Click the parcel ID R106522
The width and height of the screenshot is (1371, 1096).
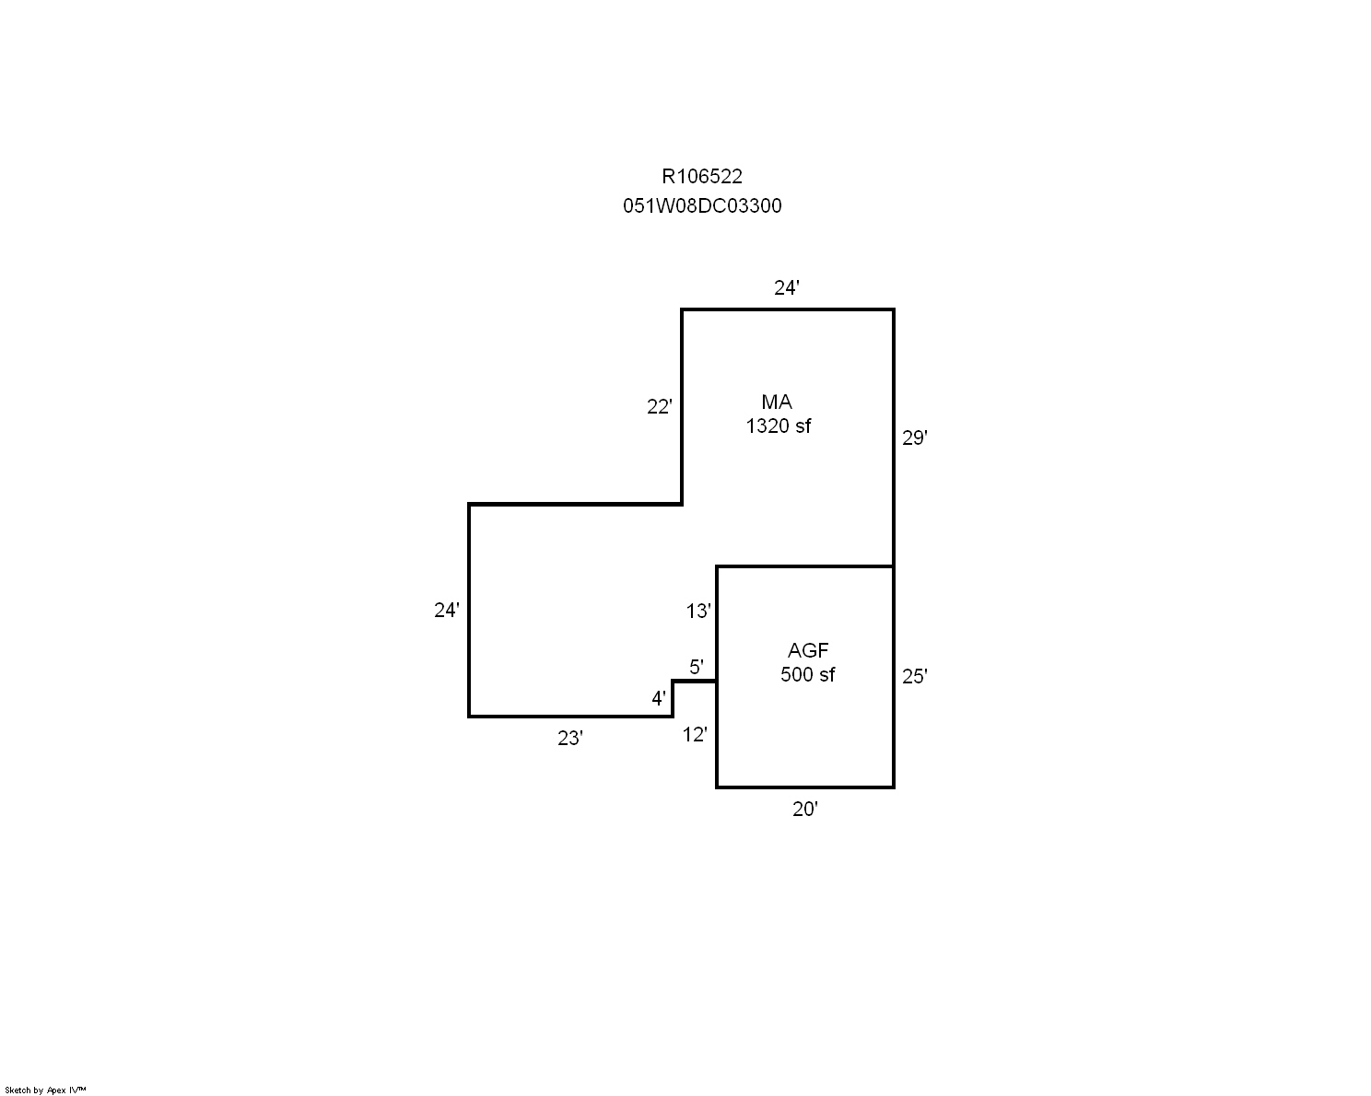click(x=701, y=177)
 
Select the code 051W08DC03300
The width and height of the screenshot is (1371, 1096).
click(x=702, y=205)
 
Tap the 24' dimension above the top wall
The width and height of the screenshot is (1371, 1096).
click(x=786, y=288)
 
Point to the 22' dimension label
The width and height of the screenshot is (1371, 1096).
click(x=660, y=406)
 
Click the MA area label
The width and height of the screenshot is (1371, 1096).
click(x=777, y=402)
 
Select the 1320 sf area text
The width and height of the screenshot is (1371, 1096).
click(x=778, y=426)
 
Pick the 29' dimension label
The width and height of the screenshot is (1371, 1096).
click(x=914, y=437)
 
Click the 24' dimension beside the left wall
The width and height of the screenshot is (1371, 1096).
click(x=447, y=610)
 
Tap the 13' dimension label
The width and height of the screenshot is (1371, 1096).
click(x=698, y=612)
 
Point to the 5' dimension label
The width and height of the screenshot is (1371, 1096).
click(x=697, y=667)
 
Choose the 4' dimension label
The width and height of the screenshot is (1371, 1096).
click(x=659, y=699)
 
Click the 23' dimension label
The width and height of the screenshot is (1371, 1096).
click(x=570, y=738)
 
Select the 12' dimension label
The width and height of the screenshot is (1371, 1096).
click(x=695, y=735)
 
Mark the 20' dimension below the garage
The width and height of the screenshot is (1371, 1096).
click(x=804, y=810)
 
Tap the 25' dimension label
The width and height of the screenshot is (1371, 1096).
click(x=914, y=676)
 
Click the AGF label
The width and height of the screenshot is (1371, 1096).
click(x=808, y=650)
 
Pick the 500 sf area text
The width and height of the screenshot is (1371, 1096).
click(x=807, y=674)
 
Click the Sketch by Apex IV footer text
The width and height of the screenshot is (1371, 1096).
click(x=45, y=1090)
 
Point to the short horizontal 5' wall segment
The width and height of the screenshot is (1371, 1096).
click(x=695, y=682)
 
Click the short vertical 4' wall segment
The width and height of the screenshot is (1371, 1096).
click(x=673, y=699)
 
